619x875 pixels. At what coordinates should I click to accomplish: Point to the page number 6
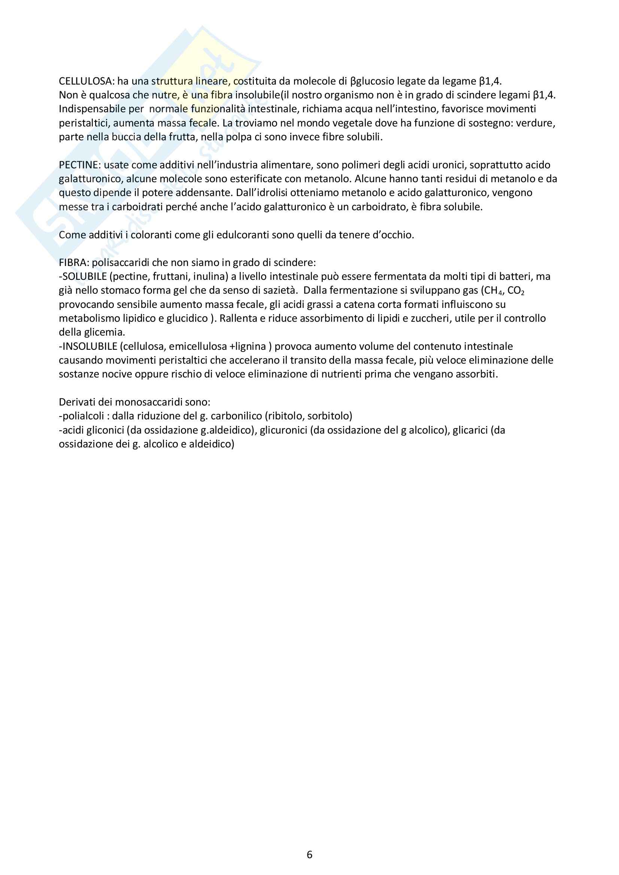coord(309,854)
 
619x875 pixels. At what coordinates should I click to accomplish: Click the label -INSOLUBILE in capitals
coord(88,346)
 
